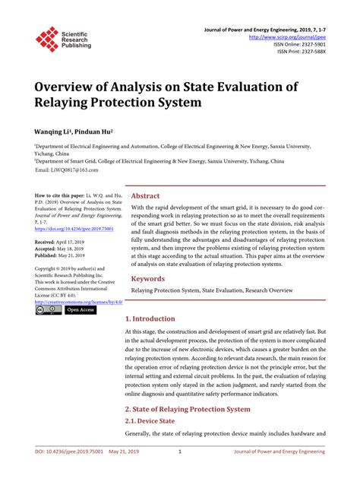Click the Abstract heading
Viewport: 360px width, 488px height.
pyautogui.click(x=146, y=195)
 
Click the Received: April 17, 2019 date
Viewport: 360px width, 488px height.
pyautogui.click(x=65, y=241)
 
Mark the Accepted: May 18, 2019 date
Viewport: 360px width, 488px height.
pyautogui.click(x=65, y=248)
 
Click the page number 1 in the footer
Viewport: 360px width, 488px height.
pyautogui.click(x=179, y=472)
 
